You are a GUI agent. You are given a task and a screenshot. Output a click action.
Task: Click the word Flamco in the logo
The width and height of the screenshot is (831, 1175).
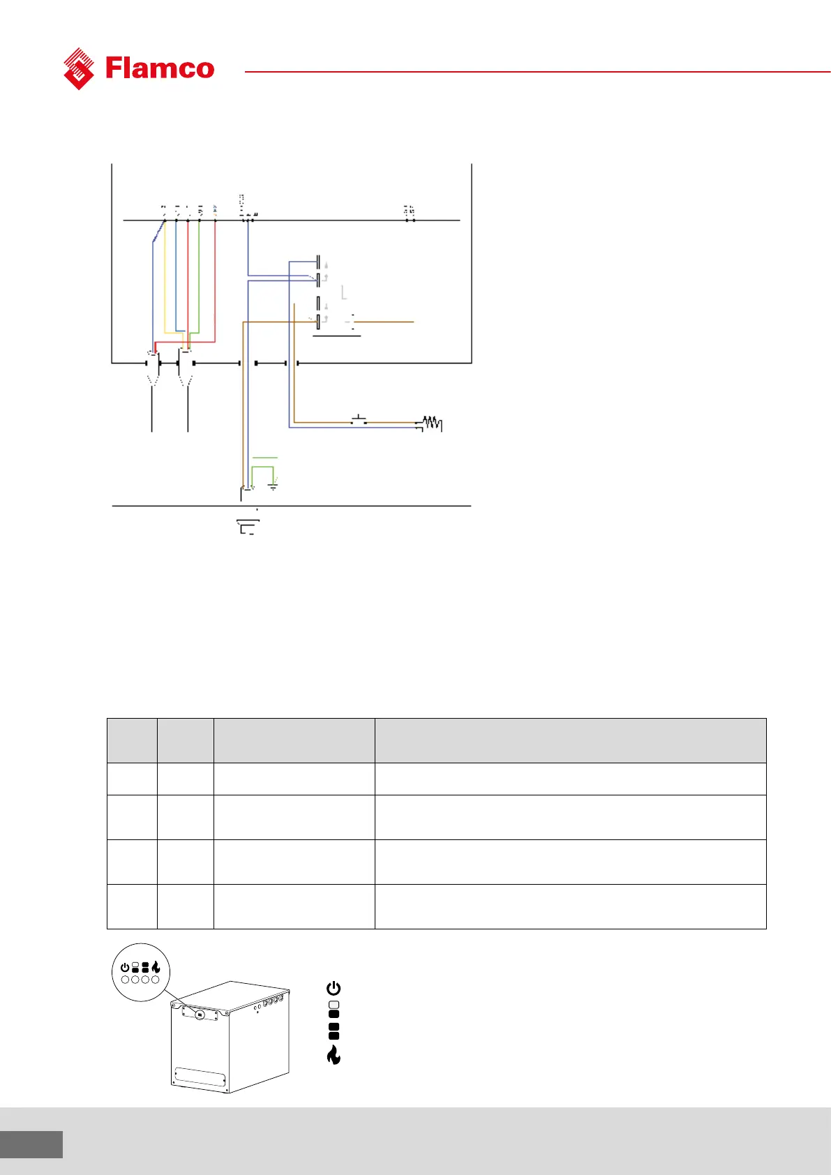click(x=160, y=68)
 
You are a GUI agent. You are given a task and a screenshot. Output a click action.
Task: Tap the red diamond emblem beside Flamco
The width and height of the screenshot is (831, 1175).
click(x=79, y=68)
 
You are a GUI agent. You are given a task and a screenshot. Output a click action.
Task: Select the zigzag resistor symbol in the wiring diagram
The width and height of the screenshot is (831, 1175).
click(x=431, y=423)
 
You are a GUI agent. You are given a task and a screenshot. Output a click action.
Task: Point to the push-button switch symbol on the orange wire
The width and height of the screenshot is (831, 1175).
click(x=359, y=419)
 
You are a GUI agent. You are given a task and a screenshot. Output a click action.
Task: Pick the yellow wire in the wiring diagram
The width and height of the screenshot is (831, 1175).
click(x=165, y=279)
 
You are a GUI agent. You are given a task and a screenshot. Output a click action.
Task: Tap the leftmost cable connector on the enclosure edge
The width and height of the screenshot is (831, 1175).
click(x=152, y=364)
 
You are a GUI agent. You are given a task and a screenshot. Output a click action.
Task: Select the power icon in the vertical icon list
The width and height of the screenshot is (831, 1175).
click(x=334, y=988)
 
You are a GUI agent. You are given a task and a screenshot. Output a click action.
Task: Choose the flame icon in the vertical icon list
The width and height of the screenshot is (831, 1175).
click(x=334, y=1055)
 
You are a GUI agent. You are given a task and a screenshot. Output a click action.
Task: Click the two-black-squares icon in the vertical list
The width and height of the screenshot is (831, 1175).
click(x=334, y=1031)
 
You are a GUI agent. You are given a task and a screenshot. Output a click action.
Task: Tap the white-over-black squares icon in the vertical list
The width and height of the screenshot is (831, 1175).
click(x=334, y=1009)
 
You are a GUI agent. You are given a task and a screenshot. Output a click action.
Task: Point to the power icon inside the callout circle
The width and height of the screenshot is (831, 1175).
click(x=125, y=968)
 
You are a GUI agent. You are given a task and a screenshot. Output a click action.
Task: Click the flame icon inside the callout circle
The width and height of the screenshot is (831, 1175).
click(x=156, y=967)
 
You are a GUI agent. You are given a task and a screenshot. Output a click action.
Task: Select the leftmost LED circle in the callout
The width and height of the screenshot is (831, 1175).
click(x=126, y=980)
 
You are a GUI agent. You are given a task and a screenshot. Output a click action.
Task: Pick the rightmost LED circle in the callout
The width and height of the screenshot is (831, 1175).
click(x=155, y=980)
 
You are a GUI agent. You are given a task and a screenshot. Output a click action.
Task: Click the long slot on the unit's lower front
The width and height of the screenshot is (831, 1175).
click(x=200, y=1077)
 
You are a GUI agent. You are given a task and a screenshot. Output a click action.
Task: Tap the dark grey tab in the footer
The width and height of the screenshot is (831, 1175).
click(x=31, y=1144)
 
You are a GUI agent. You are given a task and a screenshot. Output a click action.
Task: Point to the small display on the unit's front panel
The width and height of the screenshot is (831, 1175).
click(x=199, y=1014)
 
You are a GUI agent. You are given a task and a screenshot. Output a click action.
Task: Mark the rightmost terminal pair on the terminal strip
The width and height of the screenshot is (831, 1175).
click(x=410, y=220)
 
